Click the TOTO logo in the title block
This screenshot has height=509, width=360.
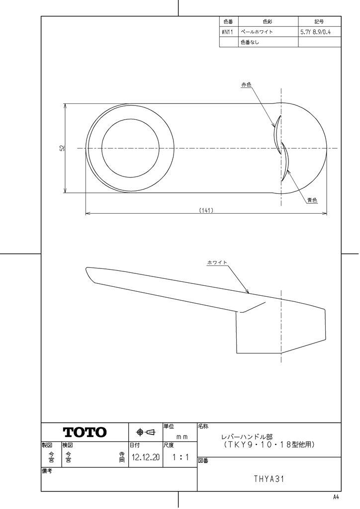point(85,432)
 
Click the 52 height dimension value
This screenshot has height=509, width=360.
point(62,148)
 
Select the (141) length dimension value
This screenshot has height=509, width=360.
point(206,210)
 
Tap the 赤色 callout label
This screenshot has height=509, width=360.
point(246,85)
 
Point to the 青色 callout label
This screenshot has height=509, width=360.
point(312,200)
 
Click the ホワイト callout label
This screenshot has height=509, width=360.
point(217,262)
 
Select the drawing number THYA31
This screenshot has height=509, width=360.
point(269,479)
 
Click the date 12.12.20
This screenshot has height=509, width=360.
point(146,457)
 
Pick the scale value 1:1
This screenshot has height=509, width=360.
point(180,457)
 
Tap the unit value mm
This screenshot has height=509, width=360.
point(182,436)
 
